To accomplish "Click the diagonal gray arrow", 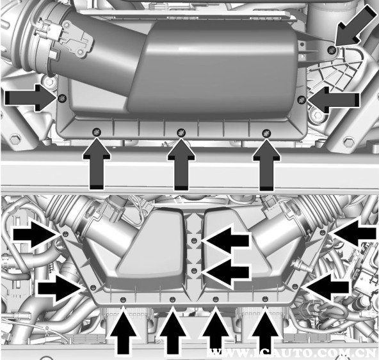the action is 355,27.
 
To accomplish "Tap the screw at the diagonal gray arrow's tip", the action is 331,50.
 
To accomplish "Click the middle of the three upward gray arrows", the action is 181,165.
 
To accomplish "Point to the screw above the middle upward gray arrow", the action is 181,132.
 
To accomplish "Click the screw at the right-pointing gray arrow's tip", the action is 62,98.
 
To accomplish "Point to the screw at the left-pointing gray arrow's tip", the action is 302,100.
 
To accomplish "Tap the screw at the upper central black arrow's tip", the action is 194,240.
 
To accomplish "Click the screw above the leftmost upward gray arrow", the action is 97,132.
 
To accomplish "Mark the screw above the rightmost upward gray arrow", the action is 266,132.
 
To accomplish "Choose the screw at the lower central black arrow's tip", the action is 194,271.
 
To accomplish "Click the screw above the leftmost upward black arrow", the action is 123,300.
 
